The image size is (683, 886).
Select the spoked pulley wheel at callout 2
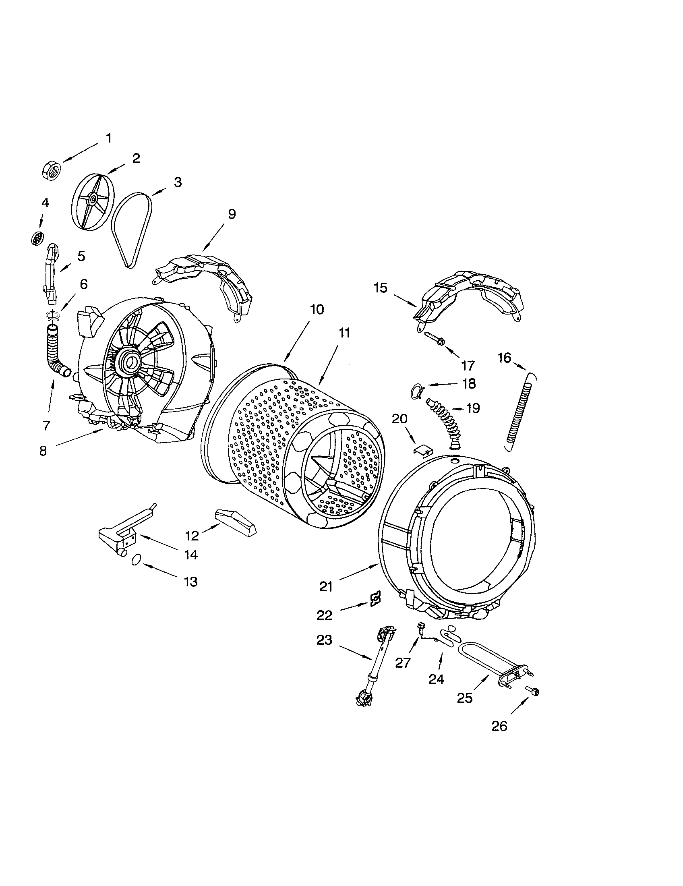click(93, 200)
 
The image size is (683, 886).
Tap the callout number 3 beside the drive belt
click(178, 182)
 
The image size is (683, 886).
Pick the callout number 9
click(231, 214)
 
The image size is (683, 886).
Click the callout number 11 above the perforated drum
click(344, 333)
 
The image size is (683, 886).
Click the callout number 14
click(190, 554)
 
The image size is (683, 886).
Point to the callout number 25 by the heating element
click(465, 698)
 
